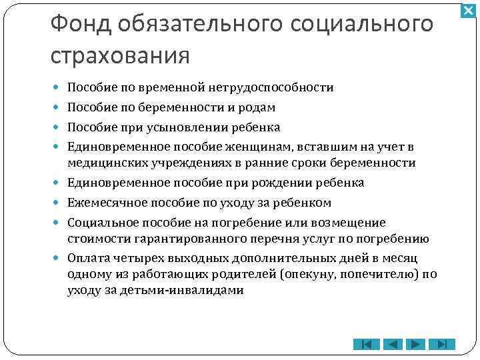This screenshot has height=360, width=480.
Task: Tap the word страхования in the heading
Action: (120, 55)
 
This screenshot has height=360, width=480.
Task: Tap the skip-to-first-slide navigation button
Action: (366, 345)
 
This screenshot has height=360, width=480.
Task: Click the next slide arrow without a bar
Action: (416, 345)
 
